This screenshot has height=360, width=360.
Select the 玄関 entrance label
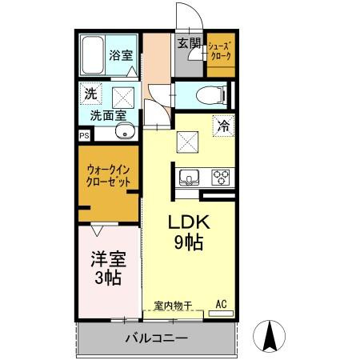click(189, 42)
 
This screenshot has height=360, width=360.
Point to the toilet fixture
click(210, 94)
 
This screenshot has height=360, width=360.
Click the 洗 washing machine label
click(90, 93)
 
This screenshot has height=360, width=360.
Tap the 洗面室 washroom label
click(106, 114)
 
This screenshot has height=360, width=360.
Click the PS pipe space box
click(84, 135)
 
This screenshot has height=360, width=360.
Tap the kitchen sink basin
click(190, 176)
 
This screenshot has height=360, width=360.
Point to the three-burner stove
click(221, 177)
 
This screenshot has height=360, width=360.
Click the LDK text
click(190, 222)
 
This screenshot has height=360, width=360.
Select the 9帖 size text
click(190, 242)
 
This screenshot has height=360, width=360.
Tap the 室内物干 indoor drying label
click(171, 305)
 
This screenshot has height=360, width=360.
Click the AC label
click(222, 304)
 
